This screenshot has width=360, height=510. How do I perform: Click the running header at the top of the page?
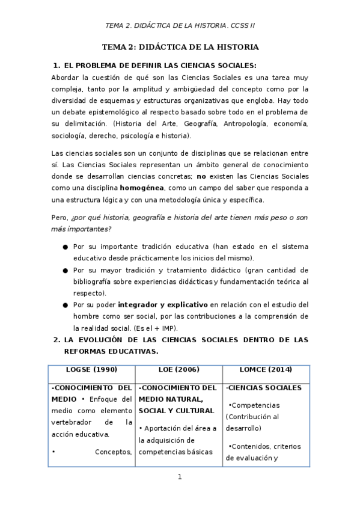[x=180, y=25]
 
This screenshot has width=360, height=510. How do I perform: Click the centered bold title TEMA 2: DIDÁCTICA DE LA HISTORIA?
[x=180, y=47]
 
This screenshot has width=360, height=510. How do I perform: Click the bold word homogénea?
[x=145, y=188]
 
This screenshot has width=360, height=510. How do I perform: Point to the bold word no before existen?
[x=201, y=176]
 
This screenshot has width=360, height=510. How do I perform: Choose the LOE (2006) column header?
[x=178, y=369]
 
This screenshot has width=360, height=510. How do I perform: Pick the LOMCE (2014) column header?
[x=266, y=369]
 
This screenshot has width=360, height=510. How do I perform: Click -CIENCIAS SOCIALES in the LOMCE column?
[x=264, y=388]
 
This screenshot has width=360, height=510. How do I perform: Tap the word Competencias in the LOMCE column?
[x=255, y=405]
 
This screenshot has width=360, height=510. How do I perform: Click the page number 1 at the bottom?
[x=180, y=478]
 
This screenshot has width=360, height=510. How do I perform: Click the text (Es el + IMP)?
[x=173, y=328]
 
